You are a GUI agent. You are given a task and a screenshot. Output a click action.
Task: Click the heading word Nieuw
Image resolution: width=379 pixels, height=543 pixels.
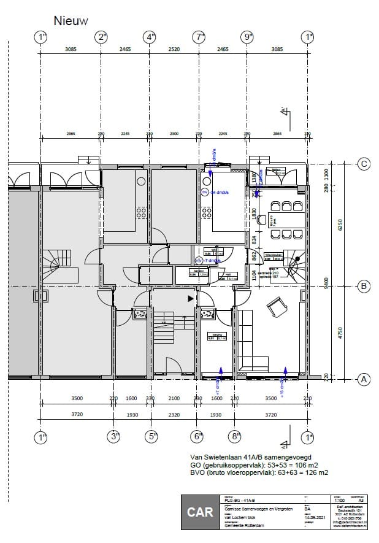pyautogui.click(x=71, y=21)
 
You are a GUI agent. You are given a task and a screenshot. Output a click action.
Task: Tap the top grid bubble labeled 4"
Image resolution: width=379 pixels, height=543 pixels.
pyautogui.click(x=151, y=37)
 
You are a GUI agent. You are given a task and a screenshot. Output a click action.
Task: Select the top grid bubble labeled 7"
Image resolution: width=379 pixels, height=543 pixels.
pyautogui.click(x=199, y=37)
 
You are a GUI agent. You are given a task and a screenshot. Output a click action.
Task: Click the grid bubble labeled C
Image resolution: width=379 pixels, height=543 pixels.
pyautogui.click(x=364, y=164)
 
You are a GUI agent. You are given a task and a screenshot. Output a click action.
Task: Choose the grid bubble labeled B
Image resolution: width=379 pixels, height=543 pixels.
pyautogui.click(x=364, y=285)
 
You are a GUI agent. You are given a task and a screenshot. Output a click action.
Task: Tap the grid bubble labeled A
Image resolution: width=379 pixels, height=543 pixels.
pyautogui.click(x=364, y=379)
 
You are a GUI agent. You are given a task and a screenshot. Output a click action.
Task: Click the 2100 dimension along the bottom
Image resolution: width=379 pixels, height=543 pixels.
pyautogui.click(x=174, y=399)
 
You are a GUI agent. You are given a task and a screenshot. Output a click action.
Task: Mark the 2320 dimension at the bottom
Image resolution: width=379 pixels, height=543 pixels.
pyautogui.click(x=174, y=415)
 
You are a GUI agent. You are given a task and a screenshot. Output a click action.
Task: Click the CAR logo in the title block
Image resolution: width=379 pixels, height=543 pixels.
pyautogui.click(x=201, y=512)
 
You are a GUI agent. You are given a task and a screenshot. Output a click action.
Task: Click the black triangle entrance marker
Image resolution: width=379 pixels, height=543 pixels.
pyautogui.click(x=191, y=298)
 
